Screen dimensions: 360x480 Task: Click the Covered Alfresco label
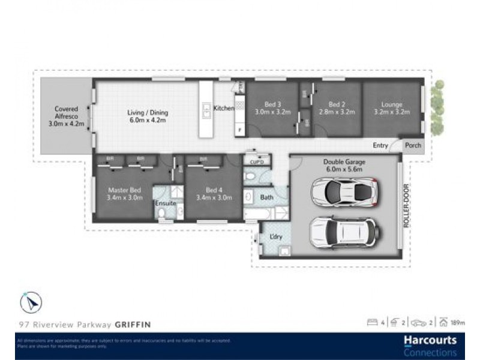66,117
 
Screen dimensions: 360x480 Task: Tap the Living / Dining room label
148,116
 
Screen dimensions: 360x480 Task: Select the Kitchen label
224,108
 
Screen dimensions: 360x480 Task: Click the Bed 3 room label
272,108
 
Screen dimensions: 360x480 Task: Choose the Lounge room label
391,108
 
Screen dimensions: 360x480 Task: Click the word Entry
380,145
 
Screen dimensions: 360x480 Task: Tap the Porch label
413,145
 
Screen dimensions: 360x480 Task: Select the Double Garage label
344,165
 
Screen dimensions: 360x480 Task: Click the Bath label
266,197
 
